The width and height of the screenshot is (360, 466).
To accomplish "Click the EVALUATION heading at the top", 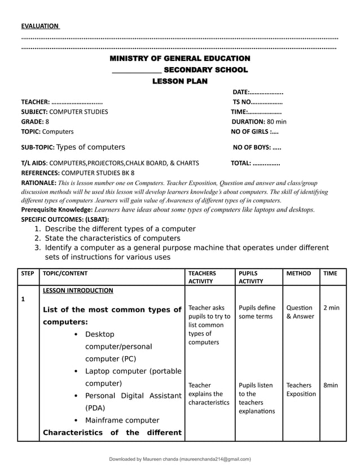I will click(x=39, y=26).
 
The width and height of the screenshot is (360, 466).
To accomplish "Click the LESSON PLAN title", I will click(x=179, y=81).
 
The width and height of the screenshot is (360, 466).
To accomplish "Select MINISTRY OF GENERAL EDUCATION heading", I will click(x=179, y=59).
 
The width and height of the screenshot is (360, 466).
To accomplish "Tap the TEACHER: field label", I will click(x=36, y=102).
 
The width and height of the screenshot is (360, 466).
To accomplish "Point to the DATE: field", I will click(x=257, y=92).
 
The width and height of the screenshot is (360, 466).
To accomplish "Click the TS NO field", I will click(x=257, y=102).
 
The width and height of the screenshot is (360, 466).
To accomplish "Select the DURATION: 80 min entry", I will click(x=259, y=121).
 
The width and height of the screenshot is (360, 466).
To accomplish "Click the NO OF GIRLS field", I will click(x=254, y=131).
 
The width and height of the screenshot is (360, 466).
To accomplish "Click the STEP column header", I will click(x=28, y=274).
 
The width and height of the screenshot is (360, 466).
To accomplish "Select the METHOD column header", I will click(x=298, y=274).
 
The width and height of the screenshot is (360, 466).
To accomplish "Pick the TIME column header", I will click(x=331, y=274).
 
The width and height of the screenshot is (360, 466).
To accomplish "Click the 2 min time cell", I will click(x=331, y=308).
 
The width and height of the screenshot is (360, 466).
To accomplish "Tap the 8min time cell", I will click(x=331, y=385).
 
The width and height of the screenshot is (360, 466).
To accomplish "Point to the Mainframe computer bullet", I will click(x=122, y=420).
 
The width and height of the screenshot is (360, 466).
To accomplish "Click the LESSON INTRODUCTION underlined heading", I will click(x=78, y=291).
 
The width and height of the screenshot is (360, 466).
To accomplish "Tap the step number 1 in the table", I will click(x=23, y=300).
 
